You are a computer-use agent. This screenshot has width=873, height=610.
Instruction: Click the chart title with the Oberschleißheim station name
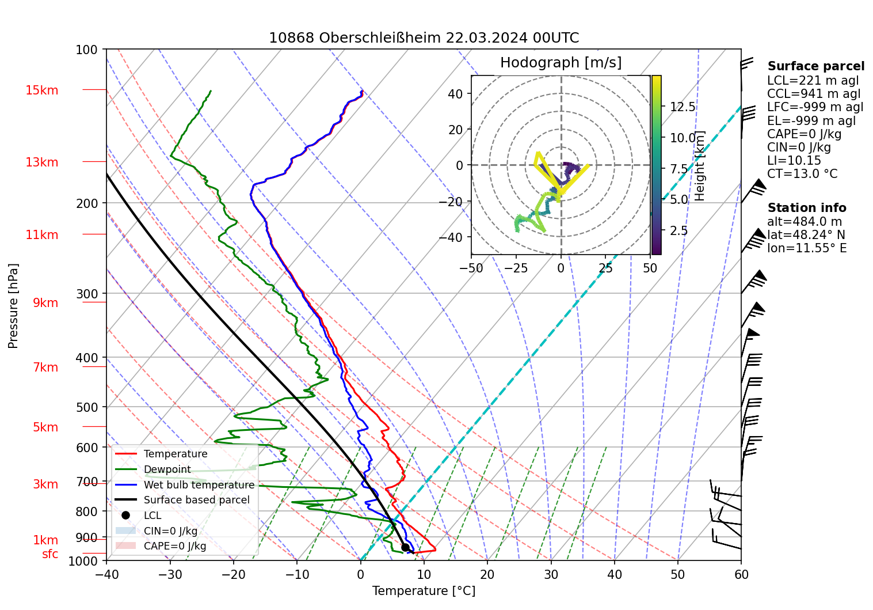[x=424, y=38]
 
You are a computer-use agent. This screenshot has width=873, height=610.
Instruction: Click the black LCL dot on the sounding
[x=405, y=547]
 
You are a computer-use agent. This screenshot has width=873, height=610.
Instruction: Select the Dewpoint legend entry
[x=167, y=469]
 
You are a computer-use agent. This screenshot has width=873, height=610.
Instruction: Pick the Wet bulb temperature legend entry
[x=199, y=485]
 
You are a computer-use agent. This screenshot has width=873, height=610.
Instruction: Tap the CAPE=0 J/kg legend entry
[x=174, y=546]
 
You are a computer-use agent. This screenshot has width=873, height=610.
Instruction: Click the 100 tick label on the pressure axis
[x=87, y=50]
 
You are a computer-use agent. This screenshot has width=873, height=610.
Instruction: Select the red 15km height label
[x=42, y=90]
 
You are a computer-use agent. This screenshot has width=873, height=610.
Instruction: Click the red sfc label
[x=50, y=554]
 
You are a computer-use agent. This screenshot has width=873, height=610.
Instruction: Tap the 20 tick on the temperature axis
[x=487, y=574]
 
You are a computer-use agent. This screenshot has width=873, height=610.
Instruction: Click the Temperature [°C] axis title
[x=424, y=591]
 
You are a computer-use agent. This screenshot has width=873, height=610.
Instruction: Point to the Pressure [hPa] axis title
[x=13, y=306]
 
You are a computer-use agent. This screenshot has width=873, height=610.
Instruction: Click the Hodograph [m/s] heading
[x=561, y=63]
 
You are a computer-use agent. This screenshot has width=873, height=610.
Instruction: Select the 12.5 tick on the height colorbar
[x=683, y=107]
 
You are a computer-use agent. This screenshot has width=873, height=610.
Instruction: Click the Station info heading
[x=807, y=208]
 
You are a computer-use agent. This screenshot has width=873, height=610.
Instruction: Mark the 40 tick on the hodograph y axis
[x=455, y=94]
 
